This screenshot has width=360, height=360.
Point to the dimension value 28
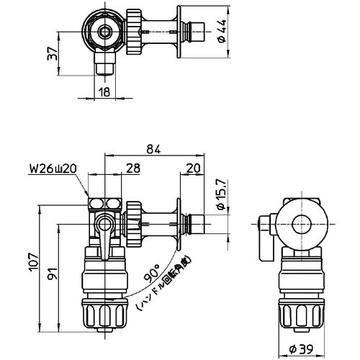point(132,168)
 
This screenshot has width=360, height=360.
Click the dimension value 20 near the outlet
point(192,168)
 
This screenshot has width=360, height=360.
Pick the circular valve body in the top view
point(106,32)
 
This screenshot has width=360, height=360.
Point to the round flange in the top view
point(178,32)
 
